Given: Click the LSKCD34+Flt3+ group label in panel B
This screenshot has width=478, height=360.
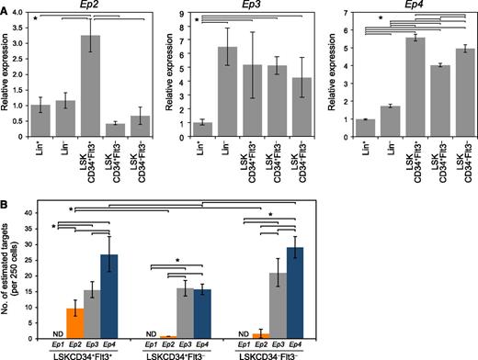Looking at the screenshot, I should tap(75, 354).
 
